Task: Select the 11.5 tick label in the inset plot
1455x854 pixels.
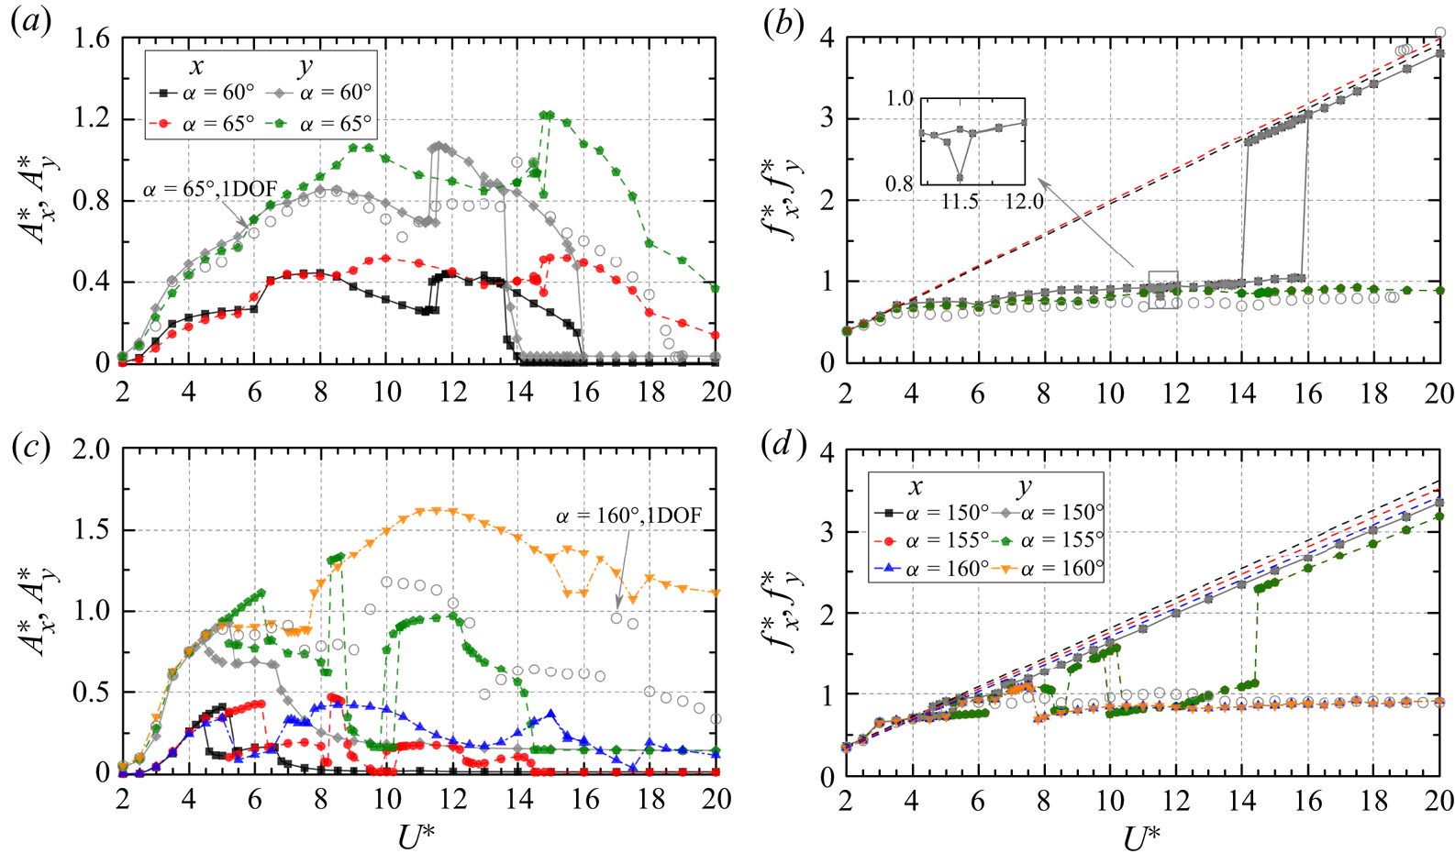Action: click(x=960, y=201)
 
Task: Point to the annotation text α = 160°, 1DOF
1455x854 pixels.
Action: click(x=628, y=516)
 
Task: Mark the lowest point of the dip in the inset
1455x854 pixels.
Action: click(x=960, y=178)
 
